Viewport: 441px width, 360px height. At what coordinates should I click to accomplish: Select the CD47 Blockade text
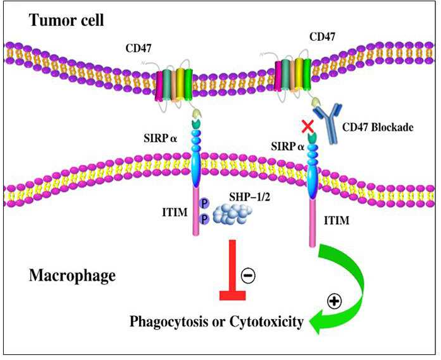tap(378, 128)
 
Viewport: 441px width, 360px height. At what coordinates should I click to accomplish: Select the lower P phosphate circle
tap(204, 218)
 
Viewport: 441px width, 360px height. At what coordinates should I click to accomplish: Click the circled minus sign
tap(249, 275)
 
